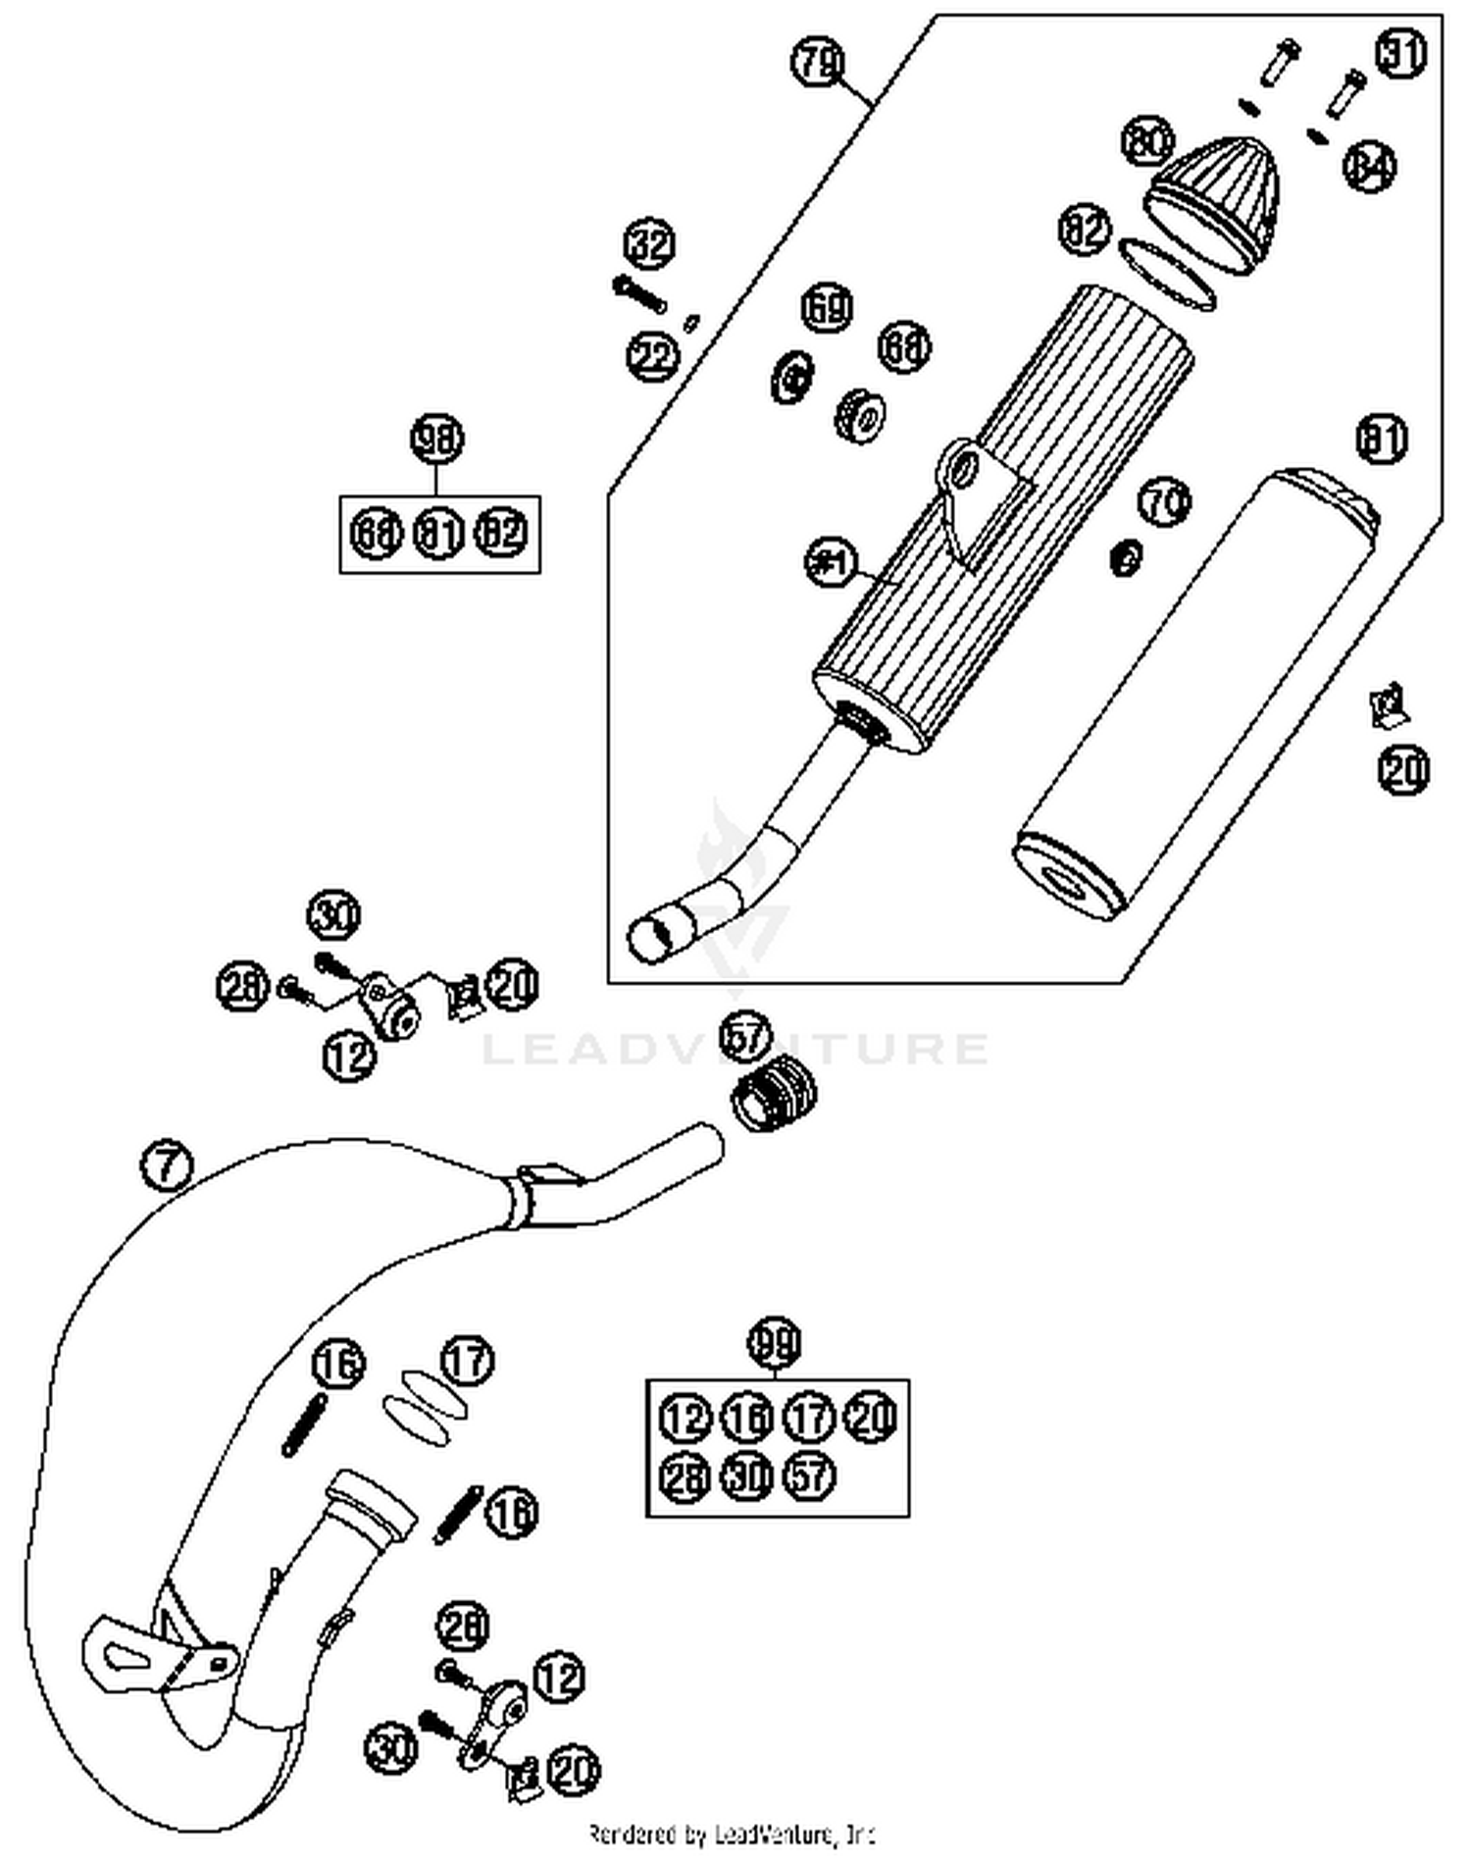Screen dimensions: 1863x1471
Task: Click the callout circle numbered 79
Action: tap(817, 65)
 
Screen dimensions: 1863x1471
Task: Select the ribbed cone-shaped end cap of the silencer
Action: tap(1216, 192)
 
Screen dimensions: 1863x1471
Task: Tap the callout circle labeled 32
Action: tap(650, 242)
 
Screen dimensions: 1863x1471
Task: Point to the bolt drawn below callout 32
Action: tap(638, 291)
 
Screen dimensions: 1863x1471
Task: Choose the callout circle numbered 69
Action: tap(826, 308)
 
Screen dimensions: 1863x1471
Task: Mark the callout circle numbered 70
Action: tap(1164, 502)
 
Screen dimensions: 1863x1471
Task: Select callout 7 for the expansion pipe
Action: tap(167, 1165)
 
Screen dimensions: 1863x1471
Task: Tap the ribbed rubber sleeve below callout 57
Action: tap(774, 1096)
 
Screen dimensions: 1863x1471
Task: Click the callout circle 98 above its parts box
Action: tap(436, 440)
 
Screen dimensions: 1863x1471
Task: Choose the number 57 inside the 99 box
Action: tap(809, 1475)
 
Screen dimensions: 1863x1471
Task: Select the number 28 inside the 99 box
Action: tap(685, 1475)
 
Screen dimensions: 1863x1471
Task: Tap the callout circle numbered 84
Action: tap(1369, 167)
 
